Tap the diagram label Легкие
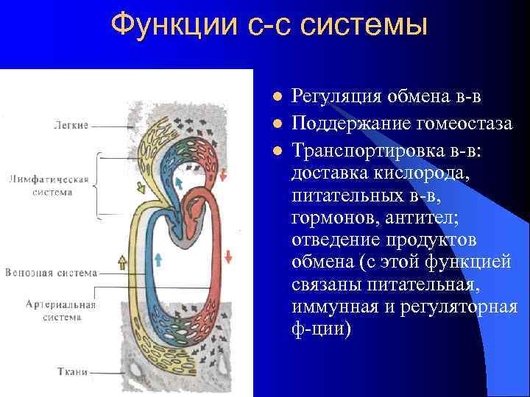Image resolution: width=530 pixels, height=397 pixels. click(x=71, y=125)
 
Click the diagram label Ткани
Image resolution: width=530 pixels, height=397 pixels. click(x=72, y=372)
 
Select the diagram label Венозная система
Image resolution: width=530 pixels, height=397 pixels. click(x=51, y=273)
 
